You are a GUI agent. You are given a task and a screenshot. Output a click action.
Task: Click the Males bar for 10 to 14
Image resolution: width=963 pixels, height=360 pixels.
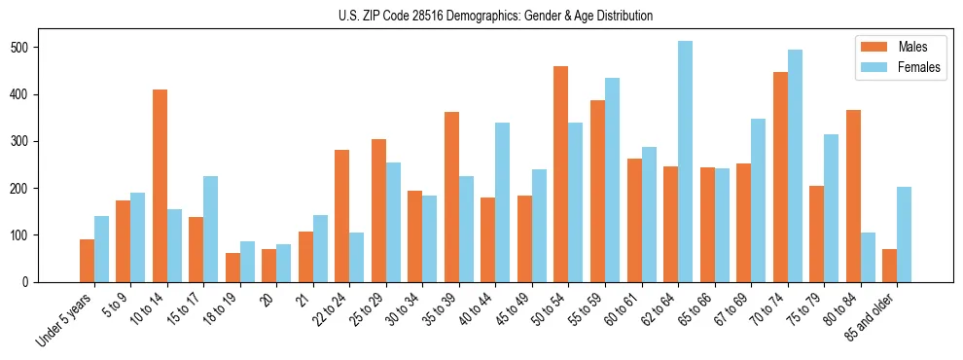coord(160,186)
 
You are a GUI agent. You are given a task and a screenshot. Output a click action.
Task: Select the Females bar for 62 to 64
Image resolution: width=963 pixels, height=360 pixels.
coord(686,162)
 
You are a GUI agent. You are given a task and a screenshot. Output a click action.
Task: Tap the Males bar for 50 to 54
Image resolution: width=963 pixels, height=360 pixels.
coord(561,174)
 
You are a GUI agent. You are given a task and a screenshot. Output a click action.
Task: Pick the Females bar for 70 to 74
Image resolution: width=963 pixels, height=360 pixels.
coord(795,165)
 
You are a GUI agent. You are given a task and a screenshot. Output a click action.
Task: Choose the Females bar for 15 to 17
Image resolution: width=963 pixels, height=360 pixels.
coord(211,229)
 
